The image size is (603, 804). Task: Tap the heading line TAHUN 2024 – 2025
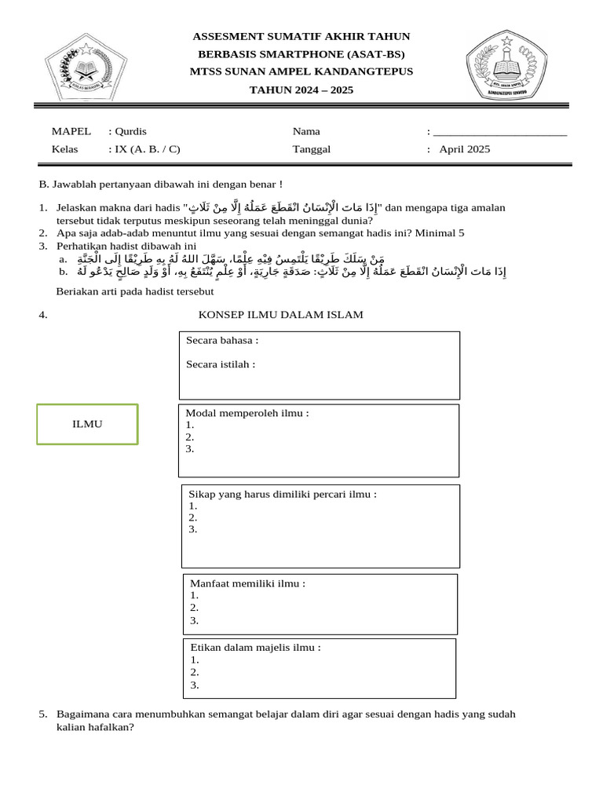tap(301, 90)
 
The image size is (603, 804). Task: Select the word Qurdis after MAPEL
tap(130, 131)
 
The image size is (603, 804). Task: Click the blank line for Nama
tap(500, 132)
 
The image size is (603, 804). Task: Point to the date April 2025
tap(465, 149)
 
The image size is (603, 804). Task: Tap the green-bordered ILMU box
tap(88, 424)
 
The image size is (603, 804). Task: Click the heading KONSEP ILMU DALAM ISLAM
tap(280, 315)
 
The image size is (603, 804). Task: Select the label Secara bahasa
tap(222, 341)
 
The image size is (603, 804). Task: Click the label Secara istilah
tap(221, 364)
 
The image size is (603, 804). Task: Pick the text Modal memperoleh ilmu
tap(247, 414)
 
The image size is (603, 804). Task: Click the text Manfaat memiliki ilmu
tap(247, 583)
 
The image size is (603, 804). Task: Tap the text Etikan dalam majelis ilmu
tap(255, 648)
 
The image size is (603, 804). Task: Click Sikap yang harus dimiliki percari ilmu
tap(283, 494)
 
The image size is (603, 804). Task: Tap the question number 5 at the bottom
tap(42, 714)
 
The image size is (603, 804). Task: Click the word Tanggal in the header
tap(312, 149)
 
